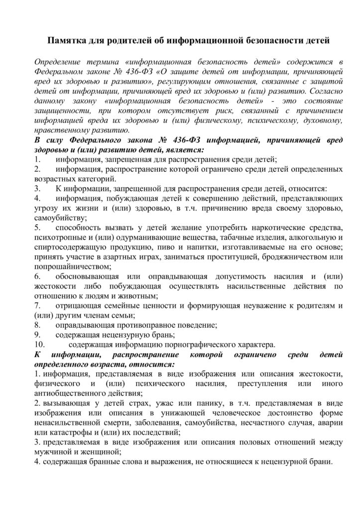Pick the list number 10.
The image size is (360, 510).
point(39,343)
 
